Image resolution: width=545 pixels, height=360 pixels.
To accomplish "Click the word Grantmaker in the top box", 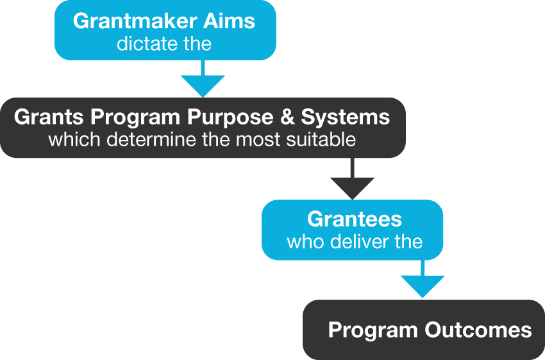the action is click(x=135, y=21).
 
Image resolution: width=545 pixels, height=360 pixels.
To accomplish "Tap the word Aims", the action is click(x=230, y=21).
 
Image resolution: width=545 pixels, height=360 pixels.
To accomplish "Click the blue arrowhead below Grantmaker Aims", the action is click(x=203, y=85).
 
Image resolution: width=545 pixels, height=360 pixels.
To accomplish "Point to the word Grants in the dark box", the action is click(x=49, y=117).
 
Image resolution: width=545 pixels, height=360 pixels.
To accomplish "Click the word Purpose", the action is click(x=230, y=117).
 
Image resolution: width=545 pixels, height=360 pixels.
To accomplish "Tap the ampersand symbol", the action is click(x=287, y=117).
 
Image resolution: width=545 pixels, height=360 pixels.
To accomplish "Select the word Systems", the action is click(x=346, y=117).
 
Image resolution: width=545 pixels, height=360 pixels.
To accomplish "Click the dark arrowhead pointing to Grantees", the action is click(x=352, y=188).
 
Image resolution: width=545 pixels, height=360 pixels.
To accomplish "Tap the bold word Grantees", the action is click(x=354, y=219).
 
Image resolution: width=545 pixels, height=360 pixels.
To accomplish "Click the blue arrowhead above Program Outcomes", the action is click(x=423, y=286).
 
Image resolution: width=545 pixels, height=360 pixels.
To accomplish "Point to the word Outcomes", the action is click(x=478, y=330).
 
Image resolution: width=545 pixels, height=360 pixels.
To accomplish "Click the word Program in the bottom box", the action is click(x=373, y=330).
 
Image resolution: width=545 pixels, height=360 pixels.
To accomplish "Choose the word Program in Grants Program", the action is click(x=135, y=117).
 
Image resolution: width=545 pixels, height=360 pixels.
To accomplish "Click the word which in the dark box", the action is click(x=74, y=139).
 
